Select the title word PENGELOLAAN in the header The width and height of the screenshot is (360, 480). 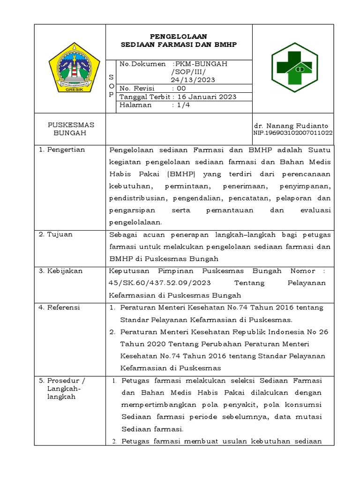point(178,36)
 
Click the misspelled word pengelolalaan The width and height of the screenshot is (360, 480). point(135,223)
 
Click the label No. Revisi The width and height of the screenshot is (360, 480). point(137,88)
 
